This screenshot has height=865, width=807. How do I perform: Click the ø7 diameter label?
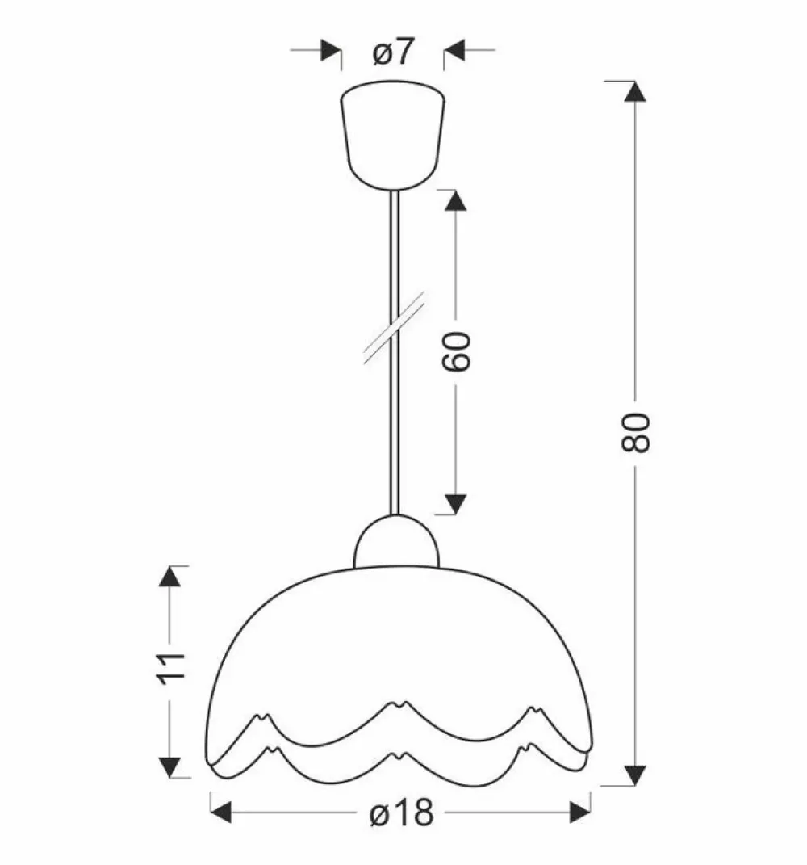tap(393, 52)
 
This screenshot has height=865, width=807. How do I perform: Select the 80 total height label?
tap(637, 431)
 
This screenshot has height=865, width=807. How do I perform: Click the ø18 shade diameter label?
tap(401, 813)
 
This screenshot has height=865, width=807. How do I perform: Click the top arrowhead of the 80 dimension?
tap(637, 91)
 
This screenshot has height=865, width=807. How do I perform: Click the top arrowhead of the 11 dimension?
tap(169, 577)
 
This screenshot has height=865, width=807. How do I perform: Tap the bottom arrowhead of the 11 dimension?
tap(169, 767)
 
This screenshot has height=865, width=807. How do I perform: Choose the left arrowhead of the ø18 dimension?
tap(221, 812)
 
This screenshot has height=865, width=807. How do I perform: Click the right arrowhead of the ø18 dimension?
tap(579, 812)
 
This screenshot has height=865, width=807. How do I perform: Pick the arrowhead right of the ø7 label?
tap(455, 50)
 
